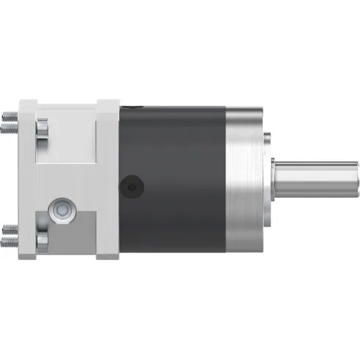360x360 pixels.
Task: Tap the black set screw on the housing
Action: click(x=132, y=188)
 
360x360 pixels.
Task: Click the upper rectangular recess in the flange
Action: click(x=68, y=136)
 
